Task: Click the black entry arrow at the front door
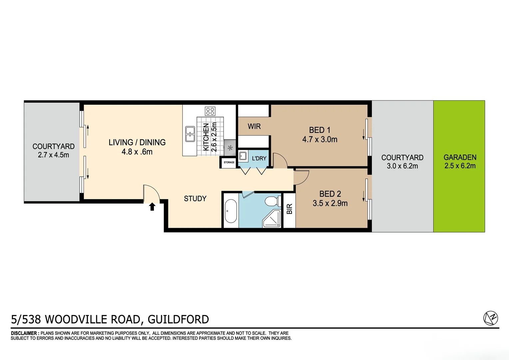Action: pos(152,207)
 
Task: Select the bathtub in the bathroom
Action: pos(231,211)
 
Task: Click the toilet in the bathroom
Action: pos(272,201)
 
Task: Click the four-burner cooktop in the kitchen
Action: pos(210,111)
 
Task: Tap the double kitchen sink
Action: pos(190,134)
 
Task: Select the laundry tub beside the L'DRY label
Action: pos(243,156)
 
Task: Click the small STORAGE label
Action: pos(229,162)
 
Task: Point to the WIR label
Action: pos(254,126)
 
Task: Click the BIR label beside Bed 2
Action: pos(289,209)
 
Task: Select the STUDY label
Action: pos(195,199)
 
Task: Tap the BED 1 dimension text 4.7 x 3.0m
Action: pos(319,139)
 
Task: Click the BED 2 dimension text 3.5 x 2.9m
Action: pos(330,203)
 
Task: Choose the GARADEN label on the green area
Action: pos(460,157)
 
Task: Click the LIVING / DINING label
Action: pos(137,142)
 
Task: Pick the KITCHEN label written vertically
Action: pos(206,137)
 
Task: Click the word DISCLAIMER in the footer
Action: pos(25,333)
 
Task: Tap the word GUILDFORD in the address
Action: pos(178,319)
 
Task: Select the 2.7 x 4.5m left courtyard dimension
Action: pos(53,155)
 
